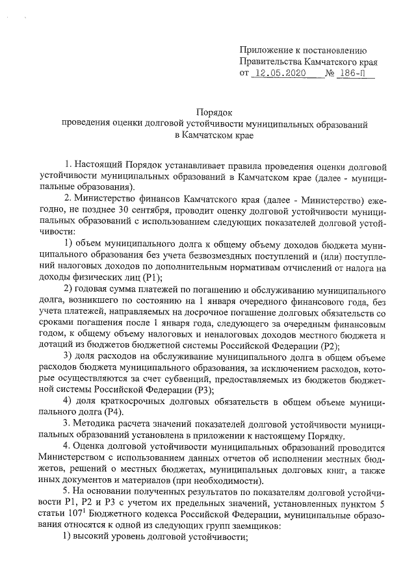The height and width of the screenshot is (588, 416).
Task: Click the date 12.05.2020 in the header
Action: click(x=280, y=75)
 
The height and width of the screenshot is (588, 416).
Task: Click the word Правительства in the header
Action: click(x=273, y=62)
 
